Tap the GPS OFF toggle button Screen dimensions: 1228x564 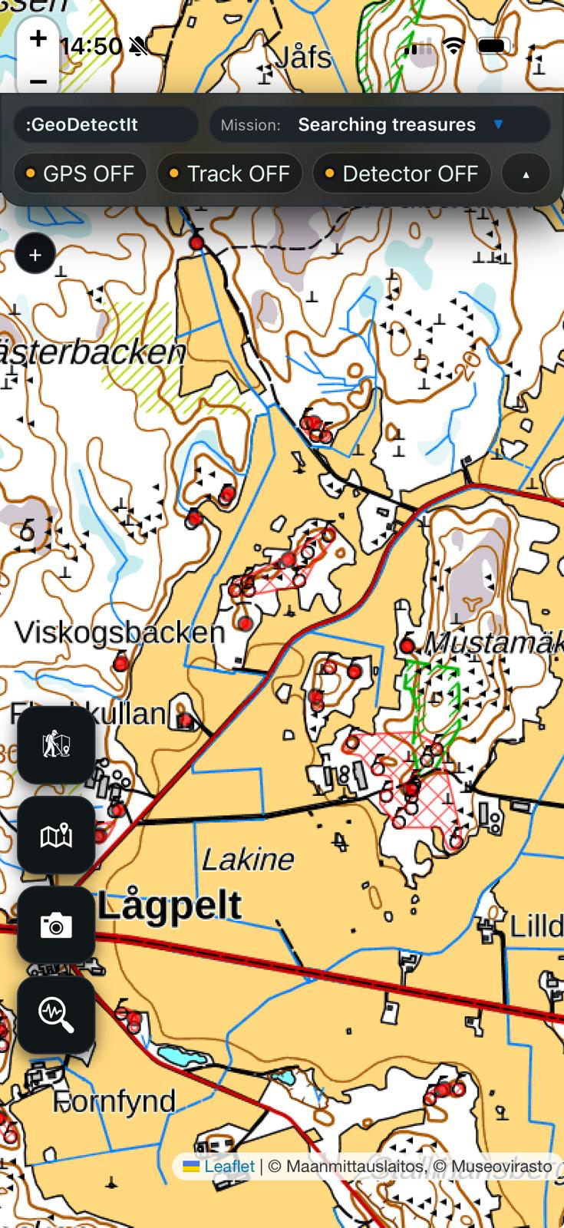coord(80,173)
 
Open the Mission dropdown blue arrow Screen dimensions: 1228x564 coord(498,124)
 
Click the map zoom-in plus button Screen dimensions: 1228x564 coord(38,39)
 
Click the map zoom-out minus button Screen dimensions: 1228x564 coord(38,81)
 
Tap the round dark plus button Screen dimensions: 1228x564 coord(35,255)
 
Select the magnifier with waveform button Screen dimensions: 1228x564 coord(56,1015)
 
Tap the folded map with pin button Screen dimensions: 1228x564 coord(56,835)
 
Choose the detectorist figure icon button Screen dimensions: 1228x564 coord(56,744)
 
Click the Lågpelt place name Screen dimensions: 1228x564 coord(170,906)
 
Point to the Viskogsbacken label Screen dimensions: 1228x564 coord(120,632)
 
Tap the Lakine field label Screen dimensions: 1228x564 coord(247,860)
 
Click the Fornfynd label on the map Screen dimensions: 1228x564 coord(115,1102)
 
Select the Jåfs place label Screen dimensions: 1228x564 coord(302,58)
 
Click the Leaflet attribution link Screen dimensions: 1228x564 coord(229,1167)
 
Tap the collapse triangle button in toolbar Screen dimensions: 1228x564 coord(526,174)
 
